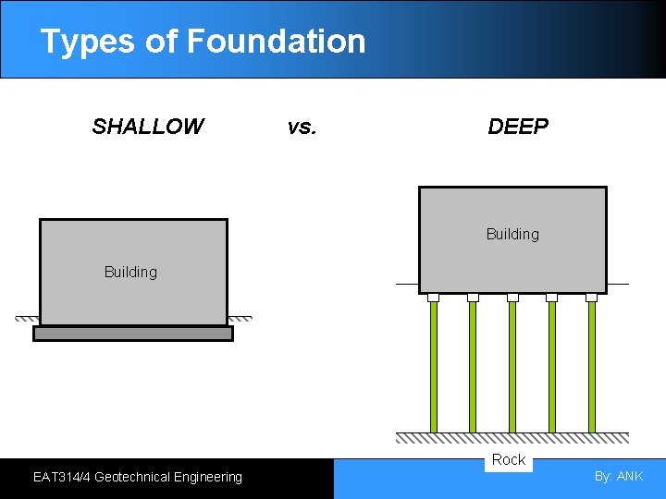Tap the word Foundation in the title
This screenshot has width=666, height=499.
tap(276, 42)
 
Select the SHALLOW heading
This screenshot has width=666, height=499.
tap(148, 127)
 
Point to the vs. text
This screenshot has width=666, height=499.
tap(302, 127)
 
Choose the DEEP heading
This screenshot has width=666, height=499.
tap(518, 127)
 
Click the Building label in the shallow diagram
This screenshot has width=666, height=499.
tap(130, 272)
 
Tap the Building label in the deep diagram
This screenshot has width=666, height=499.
tap(512, 234)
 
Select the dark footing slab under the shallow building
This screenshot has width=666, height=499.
tap(133, 334)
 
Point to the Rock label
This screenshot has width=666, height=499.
tap(509, 460)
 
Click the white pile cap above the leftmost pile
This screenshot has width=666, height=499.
tap(433, 298)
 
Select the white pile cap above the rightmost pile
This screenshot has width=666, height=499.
tap(592, 298)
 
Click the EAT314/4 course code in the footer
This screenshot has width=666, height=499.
tap(61, 477)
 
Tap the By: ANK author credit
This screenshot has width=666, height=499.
tap(619, 477)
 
